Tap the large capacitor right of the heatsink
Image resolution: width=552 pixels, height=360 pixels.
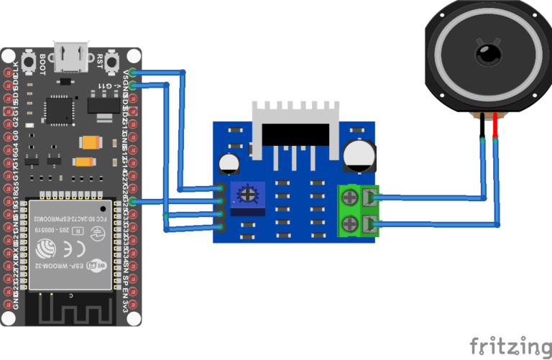tap(357, 154)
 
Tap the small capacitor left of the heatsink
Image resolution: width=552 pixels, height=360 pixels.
tap(231, 163)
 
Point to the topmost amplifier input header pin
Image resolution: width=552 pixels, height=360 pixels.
tap(221, 189)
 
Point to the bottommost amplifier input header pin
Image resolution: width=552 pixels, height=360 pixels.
tap(221, 227)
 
